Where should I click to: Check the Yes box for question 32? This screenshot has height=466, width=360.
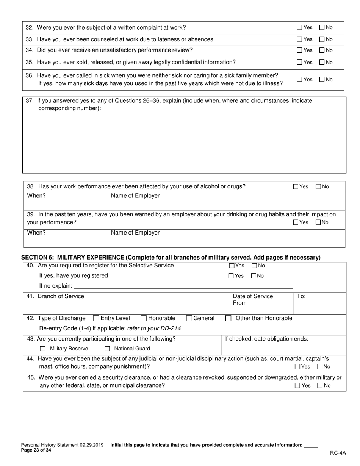tap(300, 27)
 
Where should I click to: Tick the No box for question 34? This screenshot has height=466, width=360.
tap(322, 50)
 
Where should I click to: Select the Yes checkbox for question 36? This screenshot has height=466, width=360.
tap(300, 80)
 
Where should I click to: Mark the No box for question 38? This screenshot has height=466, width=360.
tap(318, 187)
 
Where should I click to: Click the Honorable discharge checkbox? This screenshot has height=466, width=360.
tap(144, 319)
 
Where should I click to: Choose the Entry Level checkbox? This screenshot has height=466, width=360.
tap(96, 319)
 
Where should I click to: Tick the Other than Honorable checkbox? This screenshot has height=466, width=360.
tap(228, 319)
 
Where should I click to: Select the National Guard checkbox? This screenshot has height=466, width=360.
tap(107, 349)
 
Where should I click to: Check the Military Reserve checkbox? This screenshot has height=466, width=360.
tap(43, 349)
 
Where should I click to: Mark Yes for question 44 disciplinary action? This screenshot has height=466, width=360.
tap(297, 367)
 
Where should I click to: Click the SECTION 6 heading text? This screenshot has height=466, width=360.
tap(171, 258)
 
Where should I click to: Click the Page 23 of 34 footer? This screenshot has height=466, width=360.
tap(36, 450)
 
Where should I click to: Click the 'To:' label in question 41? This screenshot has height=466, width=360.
tap(301, 296)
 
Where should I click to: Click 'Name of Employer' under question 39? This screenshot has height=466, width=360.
tap(135, 233)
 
